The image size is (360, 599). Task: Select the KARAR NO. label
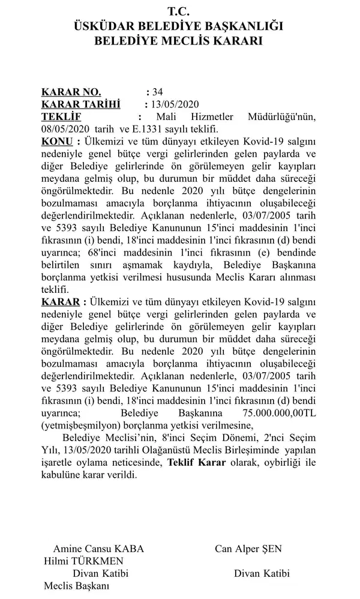tap(71, 92)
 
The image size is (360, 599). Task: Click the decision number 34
tap(158, 92)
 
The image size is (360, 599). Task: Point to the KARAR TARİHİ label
tap(80, 104)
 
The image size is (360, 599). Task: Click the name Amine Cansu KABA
tap(98, 549)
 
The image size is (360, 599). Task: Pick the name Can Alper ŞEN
tap(248, 549)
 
